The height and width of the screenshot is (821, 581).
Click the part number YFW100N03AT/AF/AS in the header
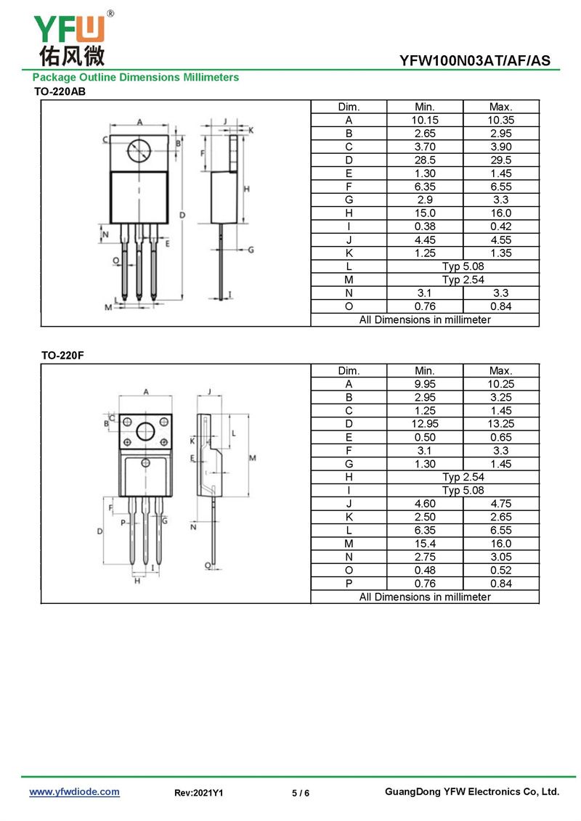pos(475,61)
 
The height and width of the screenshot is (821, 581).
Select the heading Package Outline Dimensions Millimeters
pos(136,78)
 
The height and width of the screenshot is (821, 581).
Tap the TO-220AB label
pos(60,91)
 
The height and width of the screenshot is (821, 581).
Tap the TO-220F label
pos(62,356)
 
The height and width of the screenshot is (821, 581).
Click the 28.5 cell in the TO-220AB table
pos(425,160)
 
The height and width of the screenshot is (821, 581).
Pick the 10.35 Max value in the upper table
pos(501,120)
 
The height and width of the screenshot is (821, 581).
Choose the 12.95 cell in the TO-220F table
pos(425,424)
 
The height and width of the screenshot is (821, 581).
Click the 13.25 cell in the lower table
pos(501,424)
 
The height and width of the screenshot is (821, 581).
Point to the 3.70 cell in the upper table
pos(425,147)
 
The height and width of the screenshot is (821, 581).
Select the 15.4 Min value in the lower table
pos(425,544)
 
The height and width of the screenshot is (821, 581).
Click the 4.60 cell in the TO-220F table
pos(425,504)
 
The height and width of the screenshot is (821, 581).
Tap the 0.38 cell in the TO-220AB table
pos(425,226)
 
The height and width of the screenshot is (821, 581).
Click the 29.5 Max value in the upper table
pos(501,160)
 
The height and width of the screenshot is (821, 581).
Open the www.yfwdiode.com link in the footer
pos(74,792)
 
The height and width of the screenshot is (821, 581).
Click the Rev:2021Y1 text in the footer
pos(198,793)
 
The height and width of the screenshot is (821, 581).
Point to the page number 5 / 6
pos(301,793)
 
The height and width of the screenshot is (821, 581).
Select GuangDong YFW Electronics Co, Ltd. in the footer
pos(472,792)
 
